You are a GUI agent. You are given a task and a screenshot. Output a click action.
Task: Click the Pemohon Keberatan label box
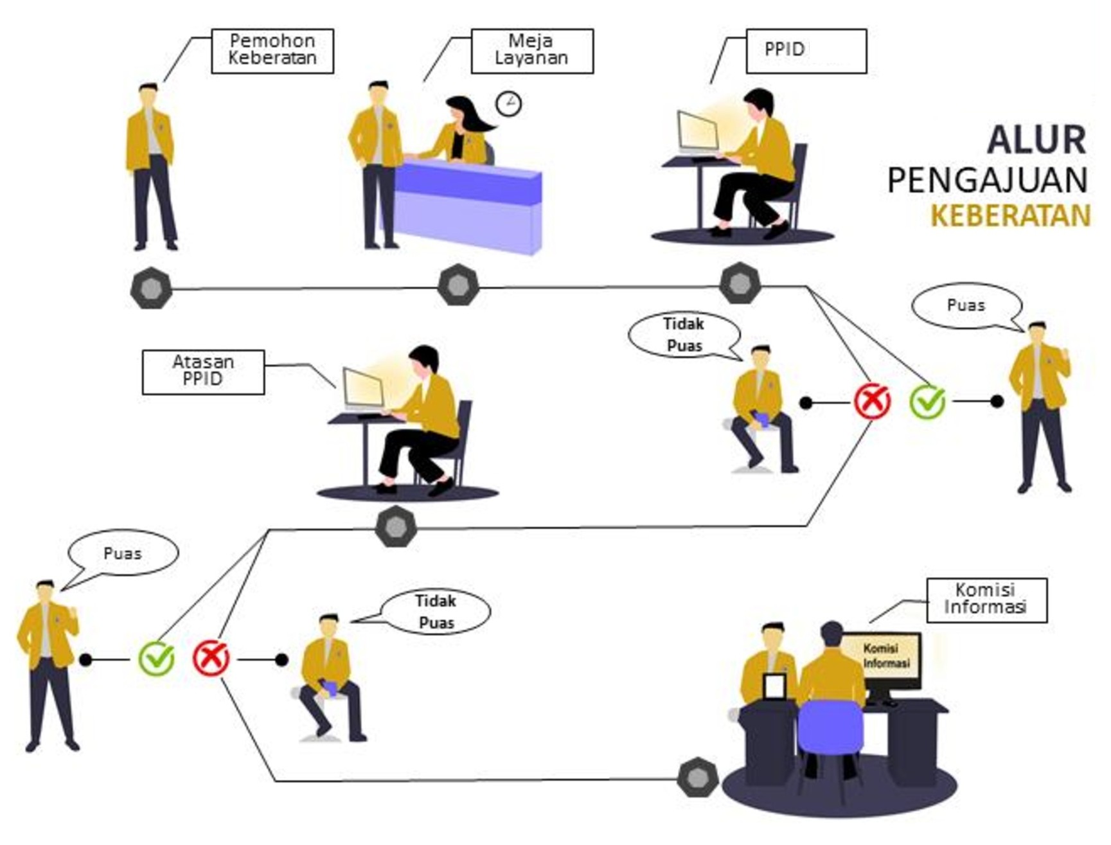click(x=272, y=51)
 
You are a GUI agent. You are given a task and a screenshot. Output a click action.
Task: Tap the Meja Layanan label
click(x=531, y=51)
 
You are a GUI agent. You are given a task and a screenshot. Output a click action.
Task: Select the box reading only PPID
click(x=806, y=51)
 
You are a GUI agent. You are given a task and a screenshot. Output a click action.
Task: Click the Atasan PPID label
click(x=203, y=371)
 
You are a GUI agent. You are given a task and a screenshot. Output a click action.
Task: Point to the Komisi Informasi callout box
click(x=986, y=600)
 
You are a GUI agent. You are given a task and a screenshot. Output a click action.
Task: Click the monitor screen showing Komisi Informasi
click(x=885, y=657)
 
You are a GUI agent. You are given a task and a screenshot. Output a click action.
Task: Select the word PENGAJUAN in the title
click(x=988, y=181)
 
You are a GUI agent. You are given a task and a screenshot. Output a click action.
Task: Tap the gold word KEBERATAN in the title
click(x=1010, y=216)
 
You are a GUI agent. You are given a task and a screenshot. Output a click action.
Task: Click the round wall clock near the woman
click(x=508, y=103)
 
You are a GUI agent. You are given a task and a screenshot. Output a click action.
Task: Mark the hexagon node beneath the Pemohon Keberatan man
click(x=151, y=288)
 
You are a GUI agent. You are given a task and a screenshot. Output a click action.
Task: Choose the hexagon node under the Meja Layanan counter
click(x=458, y=285)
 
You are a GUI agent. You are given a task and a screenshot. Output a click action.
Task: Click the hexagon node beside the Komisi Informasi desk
click(x=698, y=778)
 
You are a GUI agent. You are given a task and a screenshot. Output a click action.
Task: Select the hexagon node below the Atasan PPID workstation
click(x=396, y=527)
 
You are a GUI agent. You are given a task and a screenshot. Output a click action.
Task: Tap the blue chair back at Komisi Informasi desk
click(x=830, y=727)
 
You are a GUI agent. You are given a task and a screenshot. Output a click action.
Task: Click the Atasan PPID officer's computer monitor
click(x=364, y=389)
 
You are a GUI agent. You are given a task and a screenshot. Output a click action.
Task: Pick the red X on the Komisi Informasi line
click(x=211, y=658)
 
